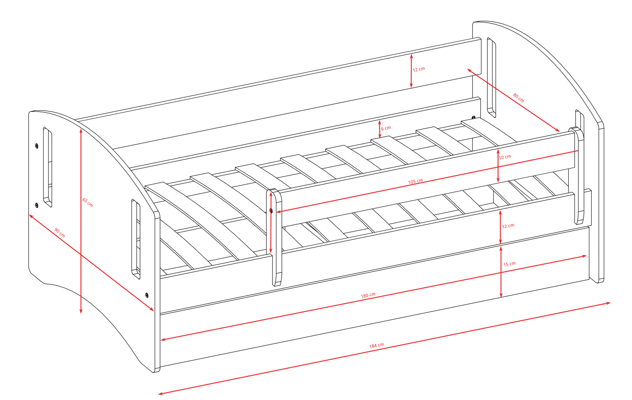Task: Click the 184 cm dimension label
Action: coord(376,345)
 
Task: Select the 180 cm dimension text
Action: coord(368,295)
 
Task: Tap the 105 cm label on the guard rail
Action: coord(416,181)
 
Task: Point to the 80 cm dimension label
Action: coord(518,98)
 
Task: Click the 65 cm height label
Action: coord(88,203)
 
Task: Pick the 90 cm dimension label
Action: coord(59,233)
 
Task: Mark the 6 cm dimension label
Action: coord(386,128)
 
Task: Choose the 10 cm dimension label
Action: coord(505,157)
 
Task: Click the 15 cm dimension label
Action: coord(509,264)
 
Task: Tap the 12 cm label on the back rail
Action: coord(419,69)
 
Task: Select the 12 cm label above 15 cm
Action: coord(508,226)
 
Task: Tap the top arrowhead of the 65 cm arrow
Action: coord(81,131)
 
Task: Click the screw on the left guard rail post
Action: coord(271,211)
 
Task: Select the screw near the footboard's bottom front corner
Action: coord(147,295)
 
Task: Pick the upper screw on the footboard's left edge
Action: coord(37,146)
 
